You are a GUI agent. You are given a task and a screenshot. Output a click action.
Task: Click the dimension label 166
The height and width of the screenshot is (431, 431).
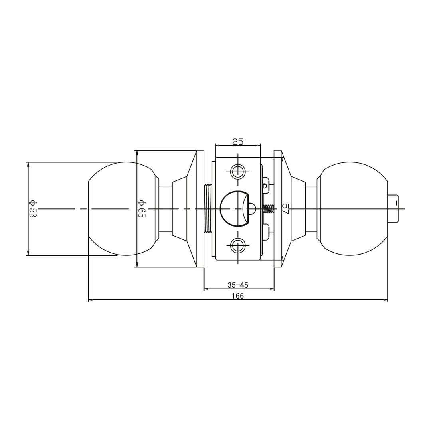[237, 296]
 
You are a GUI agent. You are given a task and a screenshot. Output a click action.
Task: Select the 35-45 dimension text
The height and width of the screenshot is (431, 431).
[238, 285]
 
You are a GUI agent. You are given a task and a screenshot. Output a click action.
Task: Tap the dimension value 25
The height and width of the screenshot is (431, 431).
[238, 142]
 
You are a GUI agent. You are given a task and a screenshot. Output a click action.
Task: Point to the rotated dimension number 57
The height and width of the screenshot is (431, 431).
[285, 209]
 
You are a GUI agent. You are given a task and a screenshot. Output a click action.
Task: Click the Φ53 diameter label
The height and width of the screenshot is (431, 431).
[33, 208]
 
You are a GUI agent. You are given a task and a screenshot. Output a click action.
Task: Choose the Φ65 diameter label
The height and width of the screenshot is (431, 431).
[142, 208]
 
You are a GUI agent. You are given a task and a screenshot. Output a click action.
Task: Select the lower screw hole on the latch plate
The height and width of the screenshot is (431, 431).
[238, 245]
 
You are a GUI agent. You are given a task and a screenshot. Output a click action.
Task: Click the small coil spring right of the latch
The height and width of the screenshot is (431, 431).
[269, 209]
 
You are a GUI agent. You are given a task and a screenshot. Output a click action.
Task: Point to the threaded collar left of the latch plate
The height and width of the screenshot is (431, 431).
[208, 209]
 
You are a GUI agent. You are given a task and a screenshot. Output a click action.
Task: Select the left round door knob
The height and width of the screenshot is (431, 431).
[120, 209]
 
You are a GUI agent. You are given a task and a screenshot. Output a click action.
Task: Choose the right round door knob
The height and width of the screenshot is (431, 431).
[353, 209]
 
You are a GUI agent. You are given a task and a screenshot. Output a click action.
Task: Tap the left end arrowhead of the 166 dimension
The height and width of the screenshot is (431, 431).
[90, 299]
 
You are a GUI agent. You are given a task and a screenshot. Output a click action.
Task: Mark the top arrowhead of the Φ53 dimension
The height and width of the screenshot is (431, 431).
[28, 164]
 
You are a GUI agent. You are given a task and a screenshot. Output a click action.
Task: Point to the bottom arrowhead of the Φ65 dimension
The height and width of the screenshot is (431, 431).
[137, 265]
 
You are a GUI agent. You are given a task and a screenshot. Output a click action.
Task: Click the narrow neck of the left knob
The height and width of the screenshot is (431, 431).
[166, 209]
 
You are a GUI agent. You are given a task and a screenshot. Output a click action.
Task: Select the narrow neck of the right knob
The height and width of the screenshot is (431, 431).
[311, 209]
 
